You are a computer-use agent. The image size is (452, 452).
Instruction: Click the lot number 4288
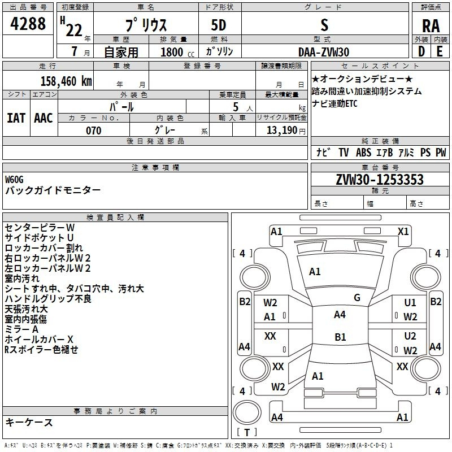click(x=28, y=24)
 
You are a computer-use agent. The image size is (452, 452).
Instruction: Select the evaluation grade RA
click(x=431, y=26)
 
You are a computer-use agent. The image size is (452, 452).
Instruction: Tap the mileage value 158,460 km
click(x=66, y=81)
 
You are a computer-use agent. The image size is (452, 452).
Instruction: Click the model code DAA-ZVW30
click(x=324, y=52)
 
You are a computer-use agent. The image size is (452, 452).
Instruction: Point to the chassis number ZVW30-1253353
click(x=380, y=180)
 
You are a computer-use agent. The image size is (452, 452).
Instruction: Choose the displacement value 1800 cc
click(x=177, y=52)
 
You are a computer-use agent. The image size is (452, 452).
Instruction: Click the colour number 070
click(x=94, y=131)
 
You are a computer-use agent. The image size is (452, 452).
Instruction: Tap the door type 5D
click(x=219, y=25)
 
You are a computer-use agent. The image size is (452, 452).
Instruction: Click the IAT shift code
click(x=16, y=118)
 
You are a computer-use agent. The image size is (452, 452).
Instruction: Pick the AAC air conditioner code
click(x=44, y=118)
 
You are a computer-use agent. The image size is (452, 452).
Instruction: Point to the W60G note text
click(x=14, y=180)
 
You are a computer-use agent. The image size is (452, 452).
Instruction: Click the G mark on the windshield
click(x=357, y=298)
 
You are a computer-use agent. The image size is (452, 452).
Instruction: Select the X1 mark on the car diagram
click(x=403, y=232)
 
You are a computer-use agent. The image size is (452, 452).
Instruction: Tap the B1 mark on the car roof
click(x=340, y=337)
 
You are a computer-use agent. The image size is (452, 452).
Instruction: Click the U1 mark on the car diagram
click(x=410, y=303)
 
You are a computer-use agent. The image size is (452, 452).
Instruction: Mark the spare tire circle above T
click(x=247, y=412)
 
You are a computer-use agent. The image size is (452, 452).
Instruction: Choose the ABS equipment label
click(x=363, y=152)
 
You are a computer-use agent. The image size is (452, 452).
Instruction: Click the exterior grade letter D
click(x=421, y=51)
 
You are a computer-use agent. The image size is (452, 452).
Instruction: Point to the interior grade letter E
click(x=440, y=51)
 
